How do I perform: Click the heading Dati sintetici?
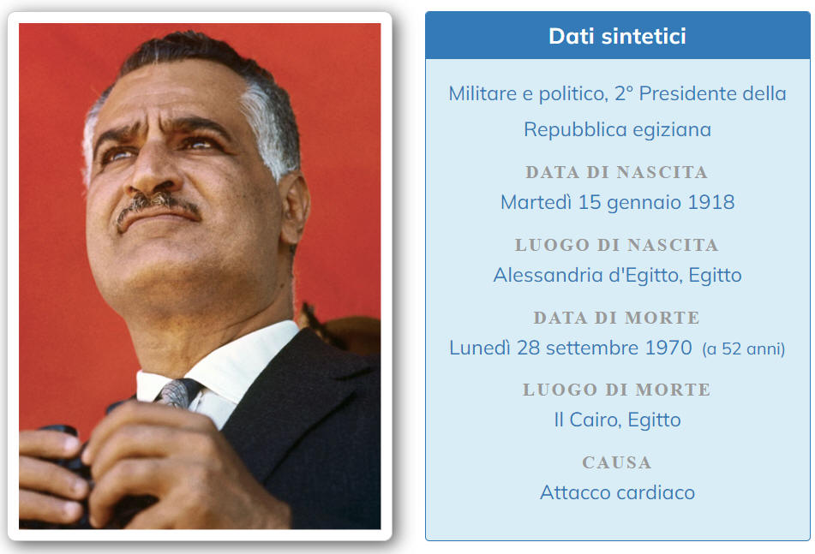[617, 36]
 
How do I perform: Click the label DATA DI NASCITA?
[616, 172]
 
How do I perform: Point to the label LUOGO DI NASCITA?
[616, 245]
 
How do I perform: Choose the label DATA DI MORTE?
[616, 318]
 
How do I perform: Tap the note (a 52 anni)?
[743, 348]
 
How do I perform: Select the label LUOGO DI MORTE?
[616, 390]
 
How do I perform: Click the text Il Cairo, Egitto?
[617, 420]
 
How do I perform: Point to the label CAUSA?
[616, 462]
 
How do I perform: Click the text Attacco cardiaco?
[617, 492]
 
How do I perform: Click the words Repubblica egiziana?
[617, 130]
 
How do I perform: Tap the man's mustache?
[158, 206]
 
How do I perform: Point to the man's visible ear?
[295, 208]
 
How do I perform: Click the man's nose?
[155, 167]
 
